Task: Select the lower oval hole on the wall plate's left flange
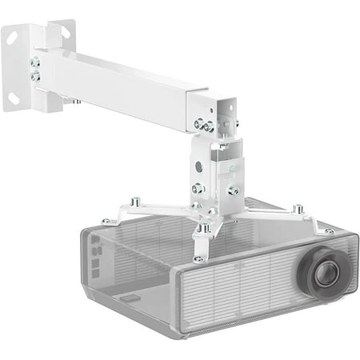(x=14, y=98)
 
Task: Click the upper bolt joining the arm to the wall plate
(x=35, y=62)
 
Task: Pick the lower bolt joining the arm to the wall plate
(x=35, y=76)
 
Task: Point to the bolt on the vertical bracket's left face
(x=198, y=189)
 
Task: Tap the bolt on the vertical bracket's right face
(x=233, y=190)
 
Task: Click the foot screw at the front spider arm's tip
(x=198, y=258)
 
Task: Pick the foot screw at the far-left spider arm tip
(x=106, y=221)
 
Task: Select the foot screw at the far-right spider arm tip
(x=330, y=230)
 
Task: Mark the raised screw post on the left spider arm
(x=137, y=202)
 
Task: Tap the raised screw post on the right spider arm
(x=298, y=209)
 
